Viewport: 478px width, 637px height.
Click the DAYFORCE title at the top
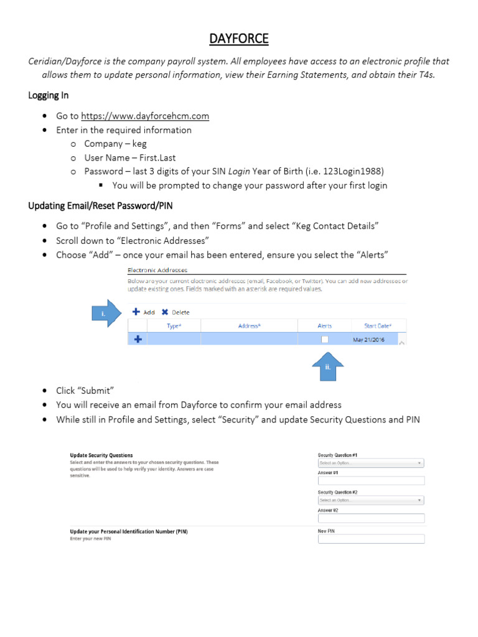coord(238,39)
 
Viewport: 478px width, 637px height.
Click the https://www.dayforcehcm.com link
coord(145,116)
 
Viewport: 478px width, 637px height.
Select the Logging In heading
coord(49,95)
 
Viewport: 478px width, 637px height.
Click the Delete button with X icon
coord(176,312)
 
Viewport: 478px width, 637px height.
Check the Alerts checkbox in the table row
coord(324,340)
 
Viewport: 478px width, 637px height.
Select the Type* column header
coord(174,326)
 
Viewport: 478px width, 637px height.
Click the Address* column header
coord(249,326)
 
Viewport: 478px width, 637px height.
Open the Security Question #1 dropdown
coord(371,463)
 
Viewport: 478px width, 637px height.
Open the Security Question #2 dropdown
coord(371,500)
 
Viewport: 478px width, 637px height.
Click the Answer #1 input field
coord(371,481)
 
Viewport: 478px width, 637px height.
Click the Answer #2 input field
coord(371,518)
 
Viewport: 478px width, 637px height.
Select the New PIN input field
coord(371,539)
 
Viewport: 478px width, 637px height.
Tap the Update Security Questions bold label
coord(101,455)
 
